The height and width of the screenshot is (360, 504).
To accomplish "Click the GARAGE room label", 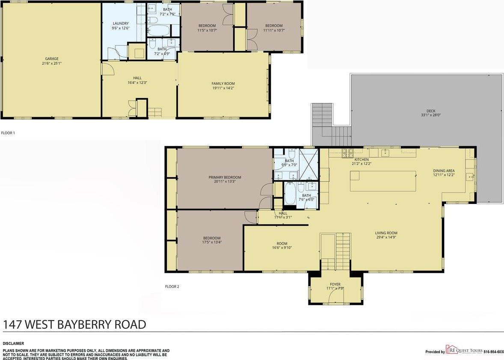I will (x=52, y=59).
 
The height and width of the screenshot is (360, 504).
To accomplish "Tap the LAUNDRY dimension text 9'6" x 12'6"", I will (x=121, y=28).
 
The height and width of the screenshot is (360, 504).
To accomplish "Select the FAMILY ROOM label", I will (x=223, y=83).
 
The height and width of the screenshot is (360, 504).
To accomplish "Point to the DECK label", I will (x=431, y=111).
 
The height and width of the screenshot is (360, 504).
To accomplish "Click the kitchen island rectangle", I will (x=383, y=181).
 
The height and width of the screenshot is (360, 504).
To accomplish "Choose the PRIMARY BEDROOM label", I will (x=225, y=177).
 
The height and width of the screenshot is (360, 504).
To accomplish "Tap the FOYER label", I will (x=335, y=284).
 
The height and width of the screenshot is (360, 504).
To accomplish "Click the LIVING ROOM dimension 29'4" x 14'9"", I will (x=386, y=237).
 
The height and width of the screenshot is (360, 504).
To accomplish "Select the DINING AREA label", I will (x=444, y=171).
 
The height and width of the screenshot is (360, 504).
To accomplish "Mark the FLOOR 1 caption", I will (x=8, y=133).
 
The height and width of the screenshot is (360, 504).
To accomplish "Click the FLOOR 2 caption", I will (x=172, y=286).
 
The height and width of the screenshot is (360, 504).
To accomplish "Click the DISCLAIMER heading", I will (x=13, y=343).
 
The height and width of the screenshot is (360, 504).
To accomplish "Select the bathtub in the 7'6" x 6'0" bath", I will (x=290, y=194).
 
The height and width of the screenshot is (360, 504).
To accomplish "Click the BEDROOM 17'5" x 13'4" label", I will (x=212, y=238).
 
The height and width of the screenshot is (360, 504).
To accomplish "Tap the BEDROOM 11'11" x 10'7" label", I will (x=274, y=26).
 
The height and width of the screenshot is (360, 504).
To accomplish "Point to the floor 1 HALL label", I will (x=137, y=78).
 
